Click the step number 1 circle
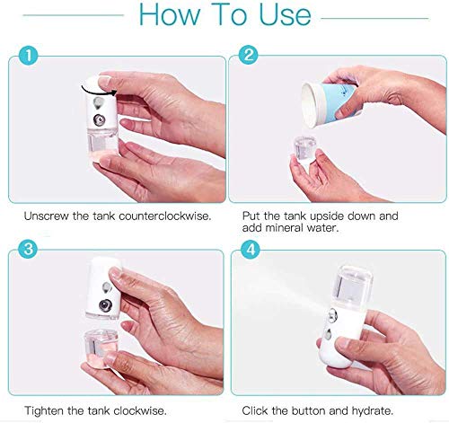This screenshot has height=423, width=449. (x=28, y=56)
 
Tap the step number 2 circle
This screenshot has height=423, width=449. (x=249, y=55)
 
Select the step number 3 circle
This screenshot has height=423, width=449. (x=28, y=249)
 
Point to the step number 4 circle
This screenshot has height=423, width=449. (x=251, y=249)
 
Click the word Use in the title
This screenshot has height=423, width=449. (x=285, y=14)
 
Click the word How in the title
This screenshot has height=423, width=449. (x=170, y=14)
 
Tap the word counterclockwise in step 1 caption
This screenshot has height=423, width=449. (x=165, y=216)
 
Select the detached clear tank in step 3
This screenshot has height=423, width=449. (x=100, y=348)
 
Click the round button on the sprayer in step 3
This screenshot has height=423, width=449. (x=105, y=305)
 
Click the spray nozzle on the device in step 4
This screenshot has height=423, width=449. (x=332, y=315)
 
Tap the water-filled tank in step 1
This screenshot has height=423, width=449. (x=102, y=142)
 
